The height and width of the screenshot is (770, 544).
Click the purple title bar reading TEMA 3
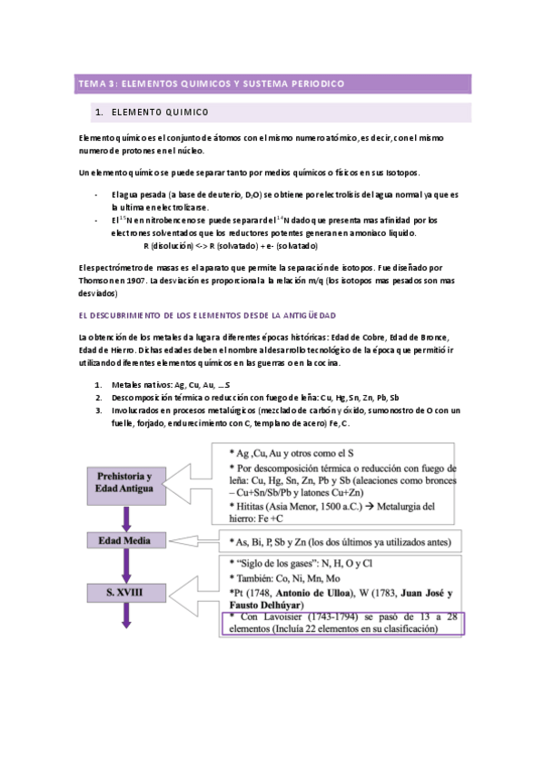pyautogui.click(x=272, y=84)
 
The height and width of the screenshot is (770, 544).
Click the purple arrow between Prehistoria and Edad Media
pyautogui.click(x=128, y=514)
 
